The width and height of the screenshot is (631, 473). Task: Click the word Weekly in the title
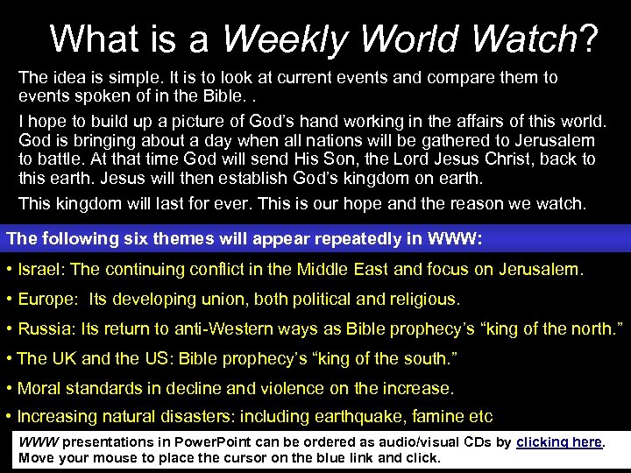point(287,39)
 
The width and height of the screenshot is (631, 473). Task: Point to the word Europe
point(46,300)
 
